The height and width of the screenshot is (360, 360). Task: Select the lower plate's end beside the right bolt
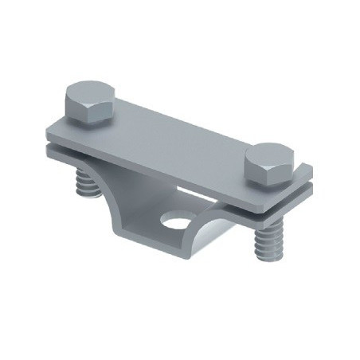307,191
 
